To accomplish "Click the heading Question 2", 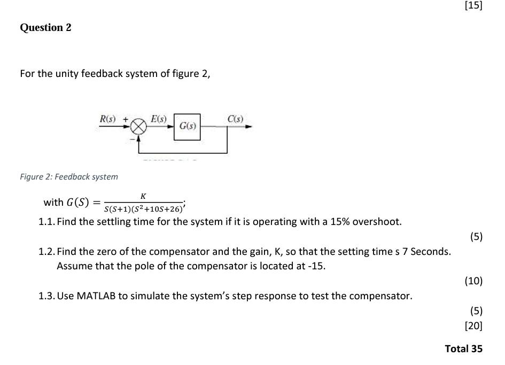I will click(x=45, y=28).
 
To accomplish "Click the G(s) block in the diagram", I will click(x=187, y=127).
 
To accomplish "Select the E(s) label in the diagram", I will click(x=159, y=118).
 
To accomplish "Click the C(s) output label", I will click(x=235, y=118).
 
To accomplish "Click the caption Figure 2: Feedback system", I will click(x=69, y=176).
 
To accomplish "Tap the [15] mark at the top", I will click(x=473, y=6).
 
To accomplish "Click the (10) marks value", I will click(x=473, y=281).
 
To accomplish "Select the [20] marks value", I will click(x=473, y=325).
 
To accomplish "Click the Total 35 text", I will click(x=463, y=348).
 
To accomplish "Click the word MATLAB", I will click(x=97, y=296).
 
